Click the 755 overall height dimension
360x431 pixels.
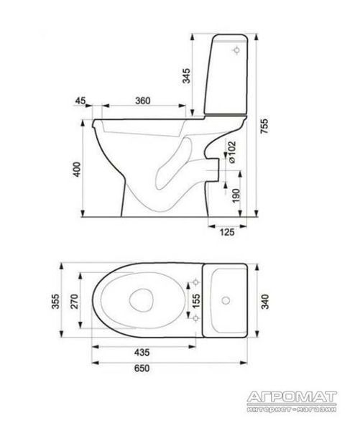point(264,126)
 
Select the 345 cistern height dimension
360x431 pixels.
point(186,75)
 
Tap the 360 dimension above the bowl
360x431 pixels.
point(143,101)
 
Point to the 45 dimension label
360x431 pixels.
point(80,101)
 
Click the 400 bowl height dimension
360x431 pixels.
point(78,170)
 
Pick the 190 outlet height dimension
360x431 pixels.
point(236,195)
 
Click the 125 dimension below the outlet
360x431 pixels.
point(227,232)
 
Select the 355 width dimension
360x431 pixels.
point(55,301)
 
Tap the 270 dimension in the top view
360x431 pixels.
point(74,301)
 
